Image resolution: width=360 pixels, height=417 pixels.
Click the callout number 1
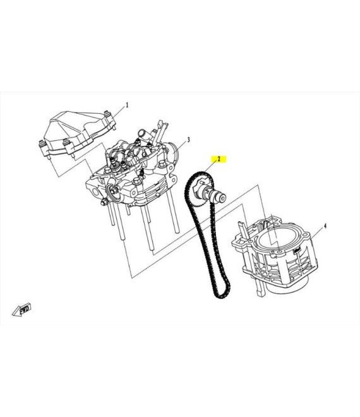[127, 105]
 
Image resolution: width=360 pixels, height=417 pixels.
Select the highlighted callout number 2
[219, 159]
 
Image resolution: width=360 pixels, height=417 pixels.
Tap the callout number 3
[188, 140]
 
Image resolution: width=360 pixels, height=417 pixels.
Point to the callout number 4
[325, 226]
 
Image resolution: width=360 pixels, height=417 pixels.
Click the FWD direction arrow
[22, 309]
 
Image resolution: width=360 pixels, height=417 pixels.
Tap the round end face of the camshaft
[223, 198]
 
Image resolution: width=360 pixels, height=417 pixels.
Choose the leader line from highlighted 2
[210, 167]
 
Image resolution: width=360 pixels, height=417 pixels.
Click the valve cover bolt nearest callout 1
[107, 114]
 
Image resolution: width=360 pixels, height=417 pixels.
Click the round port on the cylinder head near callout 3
[172, 150]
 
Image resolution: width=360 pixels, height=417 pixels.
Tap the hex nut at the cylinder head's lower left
[104, 203]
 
